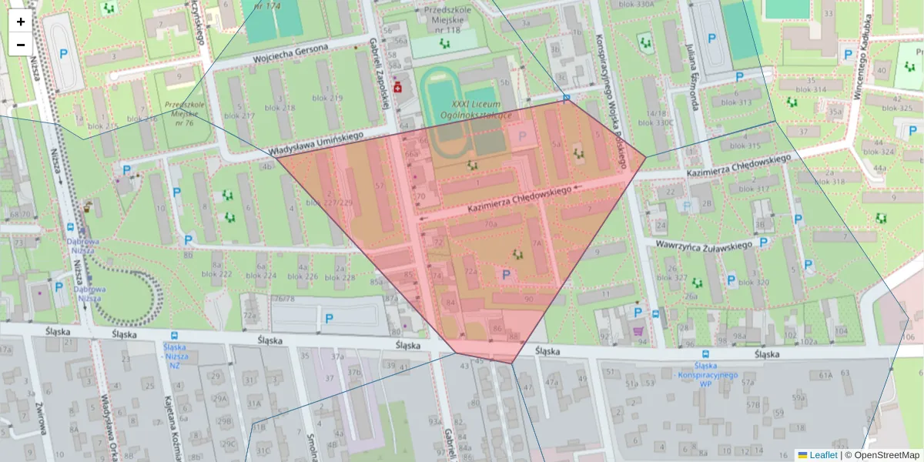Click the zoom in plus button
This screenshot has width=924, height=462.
pos(21,22)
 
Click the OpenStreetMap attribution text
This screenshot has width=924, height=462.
pos(886,455)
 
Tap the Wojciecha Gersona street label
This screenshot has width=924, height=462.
pos(290,53)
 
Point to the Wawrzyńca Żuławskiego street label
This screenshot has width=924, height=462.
pos(703,245)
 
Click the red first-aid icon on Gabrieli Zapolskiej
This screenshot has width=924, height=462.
pos(397,89)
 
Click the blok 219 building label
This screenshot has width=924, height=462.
pos(327,98)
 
